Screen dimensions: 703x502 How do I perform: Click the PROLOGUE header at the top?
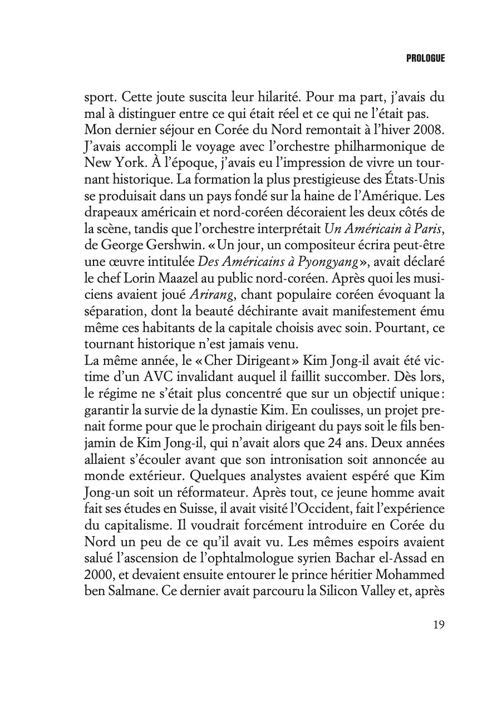[x=425, y=58]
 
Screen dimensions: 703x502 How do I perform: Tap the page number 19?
[x=438, y=624]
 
